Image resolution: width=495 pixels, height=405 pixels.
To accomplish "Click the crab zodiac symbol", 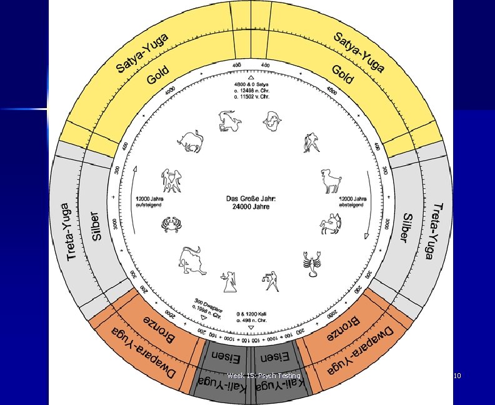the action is click(169, 223).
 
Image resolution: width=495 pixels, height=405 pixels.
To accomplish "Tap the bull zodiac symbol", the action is click(189, 142).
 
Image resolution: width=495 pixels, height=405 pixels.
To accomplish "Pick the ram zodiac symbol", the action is click(331, 181).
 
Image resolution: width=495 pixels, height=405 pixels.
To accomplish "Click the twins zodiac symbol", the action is click(169, 181).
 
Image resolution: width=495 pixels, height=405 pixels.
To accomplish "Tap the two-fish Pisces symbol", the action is click(273, 119).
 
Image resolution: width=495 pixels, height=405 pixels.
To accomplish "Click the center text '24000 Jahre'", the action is click(247, 207).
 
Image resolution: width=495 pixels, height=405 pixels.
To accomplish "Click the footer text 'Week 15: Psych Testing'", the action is click(264, 376).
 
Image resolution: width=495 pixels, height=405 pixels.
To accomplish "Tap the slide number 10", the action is click(457, 376).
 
